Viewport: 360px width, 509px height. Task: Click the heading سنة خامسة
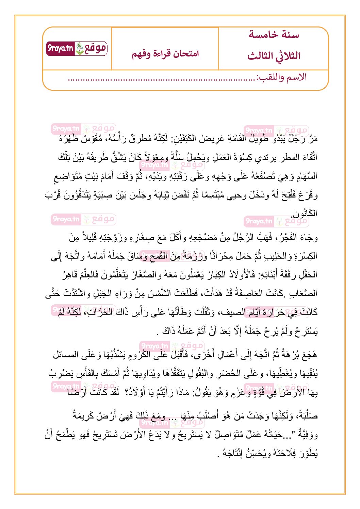[x=274, y=35]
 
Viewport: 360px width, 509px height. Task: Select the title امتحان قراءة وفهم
[x=165, y=54]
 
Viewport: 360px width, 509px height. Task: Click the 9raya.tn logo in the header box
[x=77, y=49]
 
